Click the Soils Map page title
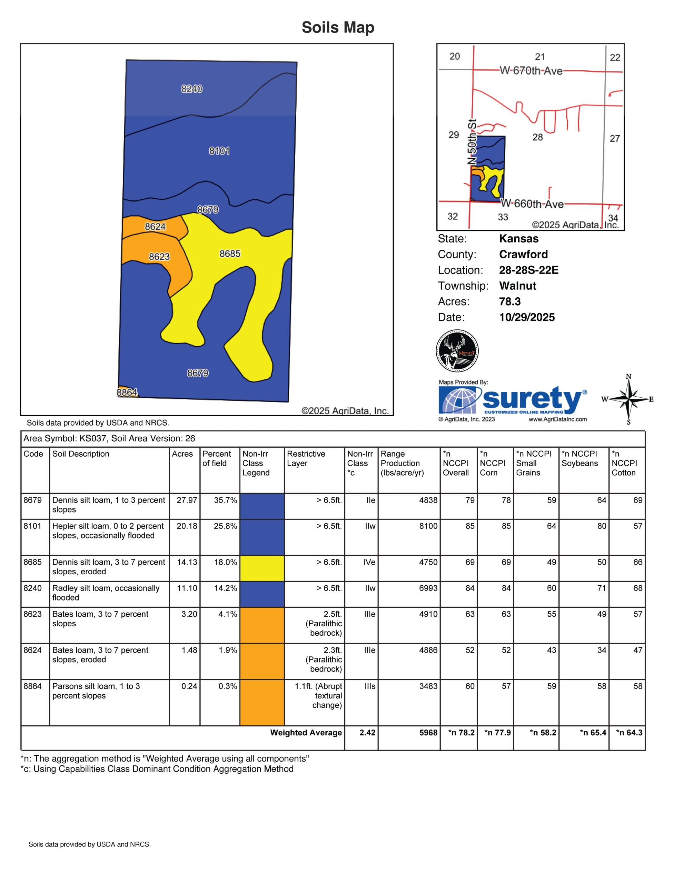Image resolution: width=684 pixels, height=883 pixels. click(x=338, y=28)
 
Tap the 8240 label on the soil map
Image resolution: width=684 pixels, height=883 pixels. click(x=192, y=89)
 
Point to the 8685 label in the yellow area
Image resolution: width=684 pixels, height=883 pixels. click(x=230, y=254)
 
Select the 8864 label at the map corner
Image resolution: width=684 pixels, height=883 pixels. click(x=127, y=393)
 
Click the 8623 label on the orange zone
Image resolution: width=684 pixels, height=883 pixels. click(x=159, y=257)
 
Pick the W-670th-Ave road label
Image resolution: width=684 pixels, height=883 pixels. click(x=531, y=71)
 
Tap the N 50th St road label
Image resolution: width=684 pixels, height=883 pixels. click(x=472, y=141)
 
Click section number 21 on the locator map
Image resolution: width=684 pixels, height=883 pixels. click(x=540, y=57)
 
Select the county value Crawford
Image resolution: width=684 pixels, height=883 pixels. click(x=524, y=254)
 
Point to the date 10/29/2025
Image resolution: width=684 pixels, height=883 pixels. click(x=527, y=317)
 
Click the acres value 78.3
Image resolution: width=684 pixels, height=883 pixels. click(x=510, y=301)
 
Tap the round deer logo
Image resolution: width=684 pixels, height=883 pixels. click(x=457, y=350)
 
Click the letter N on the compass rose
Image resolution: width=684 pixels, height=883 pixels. click(x=628, y=377)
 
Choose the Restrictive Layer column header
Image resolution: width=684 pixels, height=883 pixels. click(x=306, y=458)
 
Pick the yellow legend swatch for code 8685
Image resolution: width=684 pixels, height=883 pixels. click(x=262, y=568)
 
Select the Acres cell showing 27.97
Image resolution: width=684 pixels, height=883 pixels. click(x=187, y=500)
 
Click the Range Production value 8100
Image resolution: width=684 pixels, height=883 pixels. click(x=428, y=526)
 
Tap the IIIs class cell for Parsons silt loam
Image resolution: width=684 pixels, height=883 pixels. click(x=369, y=686)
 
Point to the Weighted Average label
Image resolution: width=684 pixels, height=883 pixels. click(x=306, y=733)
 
